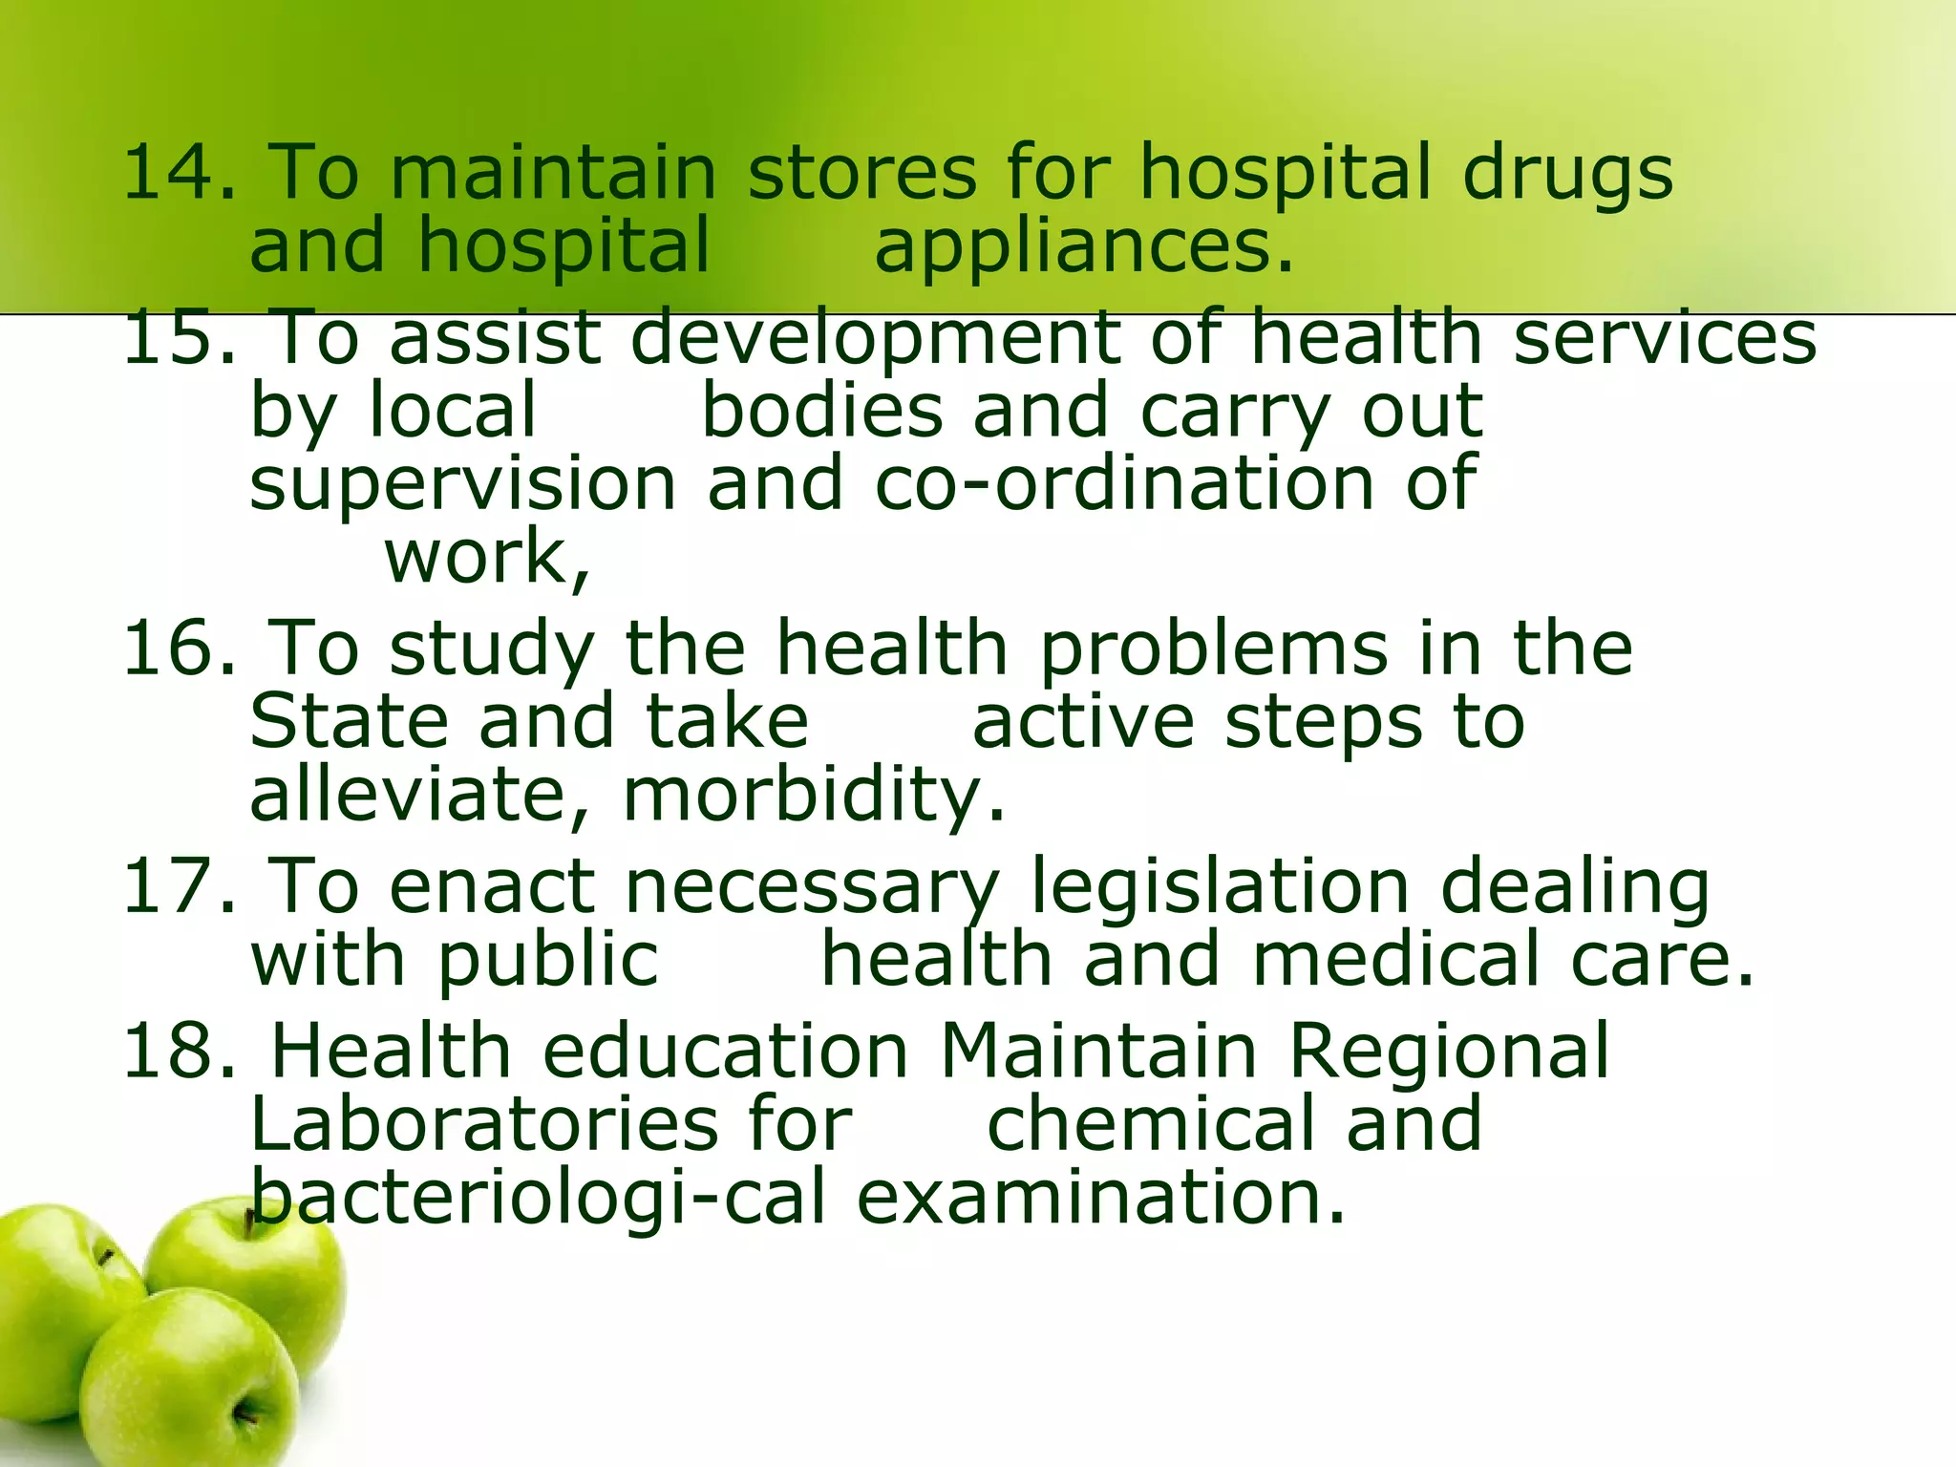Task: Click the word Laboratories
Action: point(483,1125)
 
